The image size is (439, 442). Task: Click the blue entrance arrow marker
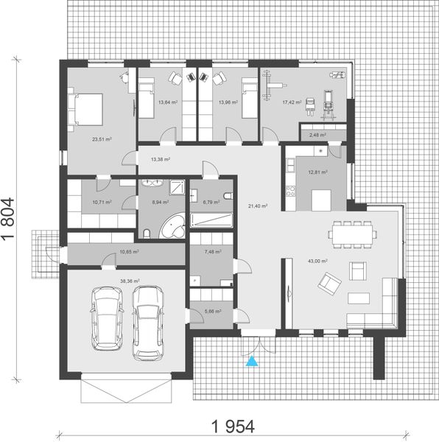253,361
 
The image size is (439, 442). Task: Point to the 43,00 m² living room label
319,261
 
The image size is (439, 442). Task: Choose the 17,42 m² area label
293,103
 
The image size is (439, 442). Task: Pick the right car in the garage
148,321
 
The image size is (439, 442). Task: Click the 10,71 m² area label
100,201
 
